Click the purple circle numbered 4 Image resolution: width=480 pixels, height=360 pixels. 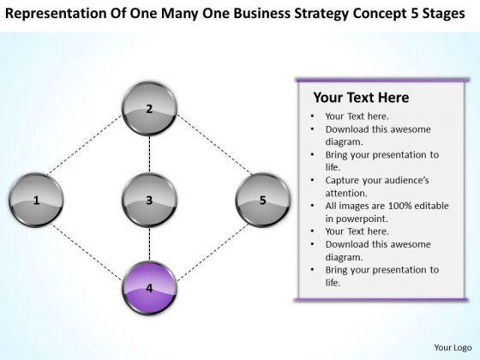click(149, 288)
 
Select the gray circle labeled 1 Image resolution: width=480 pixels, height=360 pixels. click(36, 200)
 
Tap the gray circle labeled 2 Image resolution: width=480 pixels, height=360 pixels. click(149, 109)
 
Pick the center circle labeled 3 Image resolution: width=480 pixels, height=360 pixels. click(149, 200)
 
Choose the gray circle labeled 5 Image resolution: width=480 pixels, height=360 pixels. click(262, 200)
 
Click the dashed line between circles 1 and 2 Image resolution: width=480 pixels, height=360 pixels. click(84, 145)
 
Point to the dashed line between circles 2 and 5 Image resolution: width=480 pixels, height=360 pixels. click(214, 145)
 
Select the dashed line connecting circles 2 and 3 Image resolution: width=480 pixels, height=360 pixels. click(149, 154)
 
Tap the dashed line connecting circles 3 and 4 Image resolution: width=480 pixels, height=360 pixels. click(149, 244)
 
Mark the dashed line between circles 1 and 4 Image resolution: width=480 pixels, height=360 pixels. click(86, 252)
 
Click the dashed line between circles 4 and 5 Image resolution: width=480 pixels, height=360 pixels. click(213, 252)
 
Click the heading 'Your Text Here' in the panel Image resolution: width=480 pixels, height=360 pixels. click(361, 98)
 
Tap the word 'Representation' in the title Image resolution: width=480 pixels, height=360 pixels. click(56, 14)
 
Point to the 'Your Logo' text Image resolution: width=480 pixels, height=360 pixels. click(453, 347)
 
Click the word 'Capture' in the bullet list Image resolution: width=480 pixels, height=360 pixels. click(342, 180)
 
